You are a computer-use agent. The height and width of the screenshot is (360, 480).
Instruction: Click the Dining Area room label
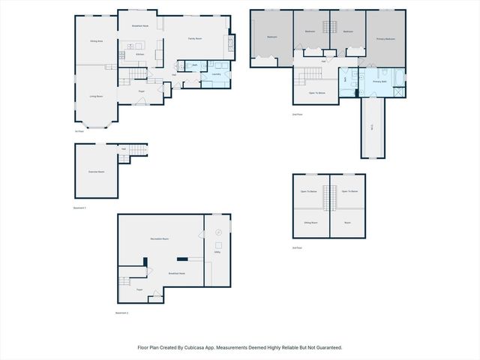point(96,41)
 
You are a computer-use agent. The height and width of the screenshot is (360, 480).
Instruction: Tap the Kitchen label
point(139,55)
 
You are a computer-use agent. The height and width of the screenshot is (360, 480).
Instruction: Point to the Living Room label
point(96,96)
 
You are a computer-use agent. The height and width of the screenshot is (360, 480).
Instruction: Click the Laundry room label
point(216,74)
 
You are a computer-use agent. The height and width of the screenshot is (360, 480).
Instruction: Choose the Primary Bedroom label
point(385,38)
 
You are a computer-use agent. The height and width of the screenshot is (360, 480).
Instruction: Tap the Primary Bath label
point(379,81)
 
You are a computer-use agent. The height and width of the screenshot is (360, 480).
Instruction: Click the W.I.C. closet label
point(373,127)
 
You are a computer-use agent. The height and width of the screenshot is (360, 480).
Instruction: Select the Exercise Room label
point(96,172)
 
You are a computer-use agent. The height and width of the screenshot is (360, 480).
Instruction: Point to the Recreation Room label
point(160,238)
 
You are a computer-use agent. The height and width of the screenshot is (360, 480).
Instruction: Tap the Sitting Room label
point(310,223)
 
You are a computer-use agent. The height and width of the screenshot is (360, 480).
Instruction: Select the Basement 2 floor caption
point(121,312)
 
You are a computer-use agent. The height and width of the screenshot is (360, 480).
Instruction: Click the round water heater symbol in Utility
point(218,234)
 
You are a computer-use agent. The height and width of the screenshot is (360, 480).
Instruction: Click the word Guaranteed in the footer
point(327,347)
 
